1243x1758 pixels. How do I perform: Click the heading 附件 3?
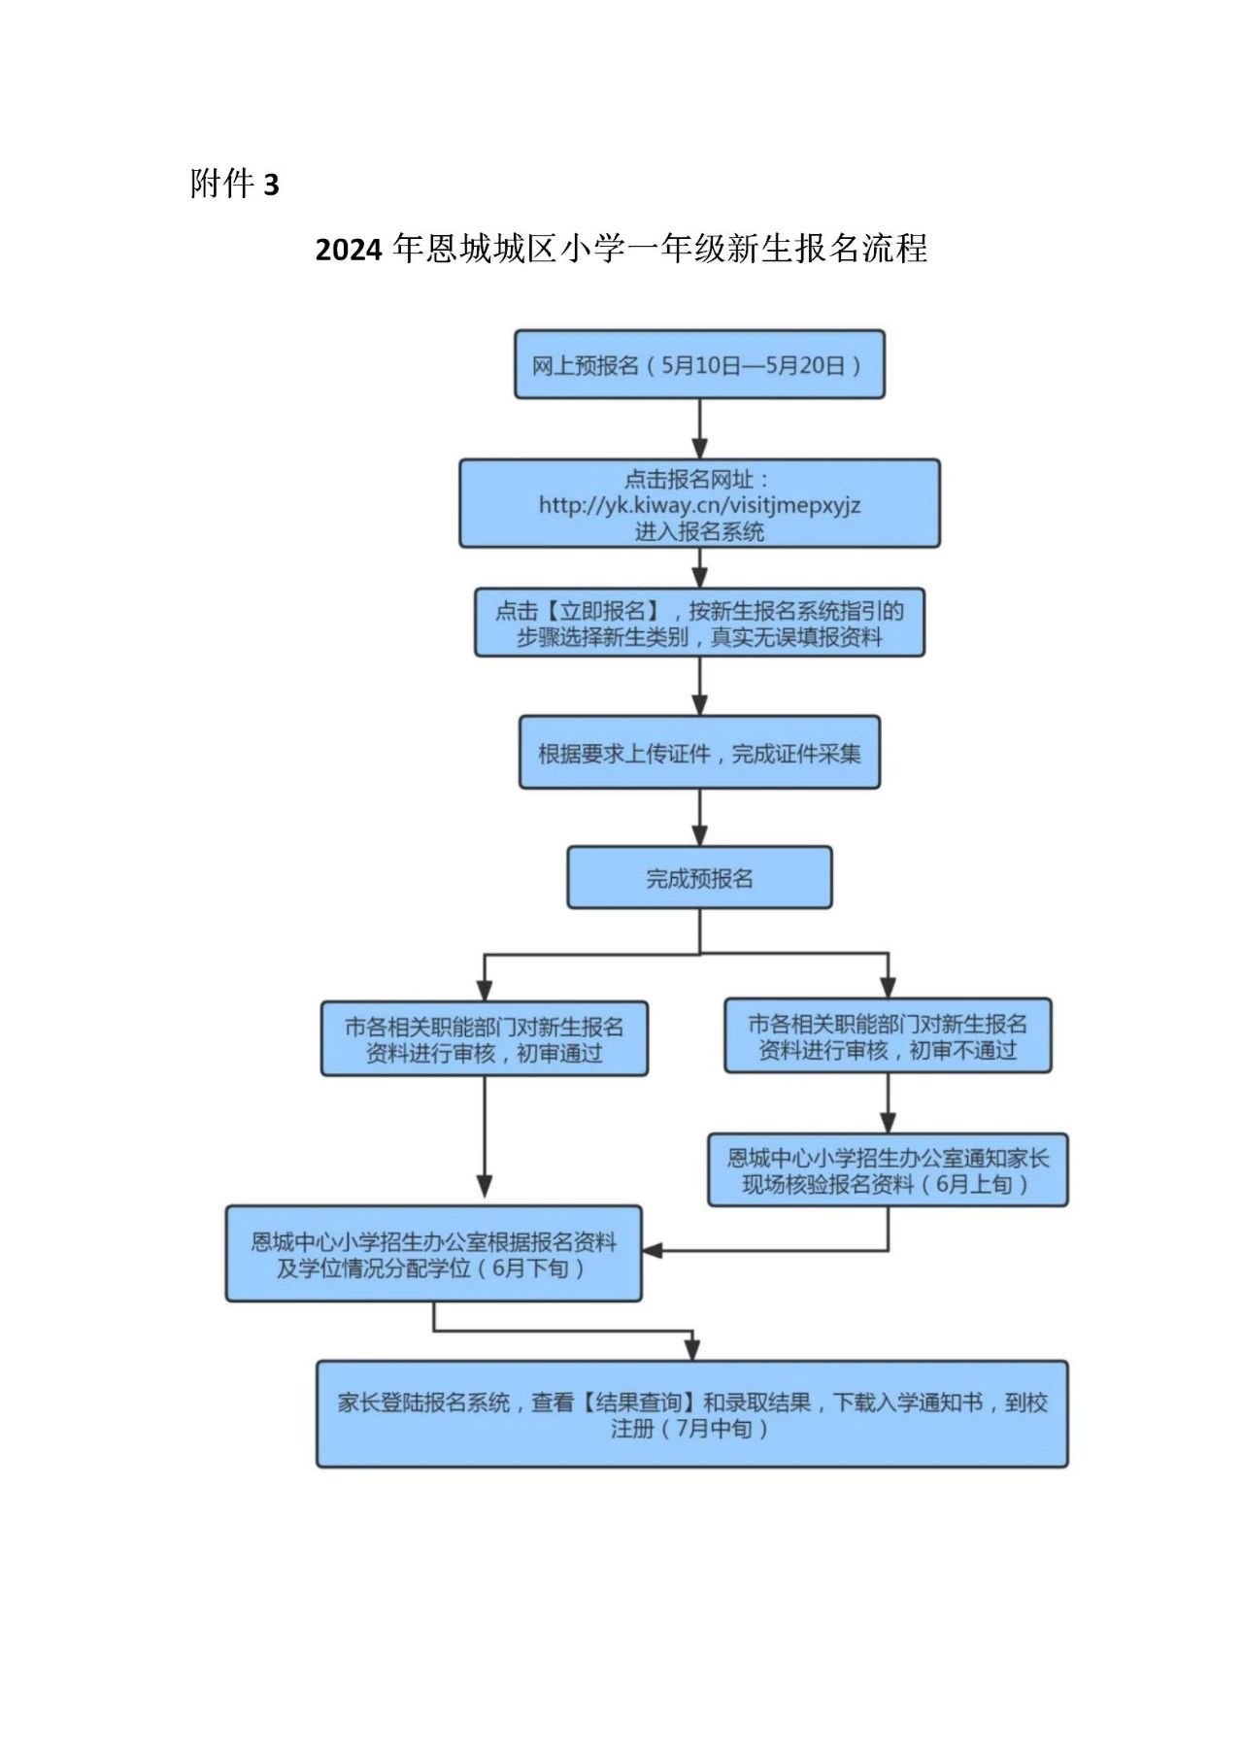pos(234,184)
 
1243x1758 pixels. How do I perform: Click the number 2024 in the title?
pos(349,251)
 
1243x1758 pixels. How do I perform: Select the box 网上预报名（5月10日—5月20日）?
pos(699,365)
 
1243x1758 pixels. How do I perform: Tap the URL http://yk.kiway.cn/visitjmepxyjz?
pos(699,505)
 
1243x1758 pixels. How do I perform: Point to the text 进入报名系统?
pos(699,531)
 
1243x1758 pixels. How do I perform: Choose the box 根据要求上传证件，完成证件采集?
pos(699,753)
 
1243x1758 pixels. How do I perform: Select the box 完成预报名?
pos(699,878)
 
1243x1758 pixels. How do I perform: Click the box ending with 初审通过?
pos(484,1039)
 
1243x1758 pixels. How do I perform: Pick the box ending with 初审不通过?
pos(888,1036)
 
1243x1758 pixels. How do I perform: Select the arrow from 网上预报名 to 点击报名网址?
pos(699,428)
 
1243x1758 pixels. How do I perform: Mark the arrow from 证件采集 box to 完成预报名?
pos(699,817)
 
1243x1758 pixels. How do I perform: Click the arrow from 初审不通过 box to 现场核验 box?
pos(888,1103)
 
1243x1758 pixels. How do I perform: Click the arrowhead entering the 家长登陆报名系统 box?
pos(691,1350)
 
